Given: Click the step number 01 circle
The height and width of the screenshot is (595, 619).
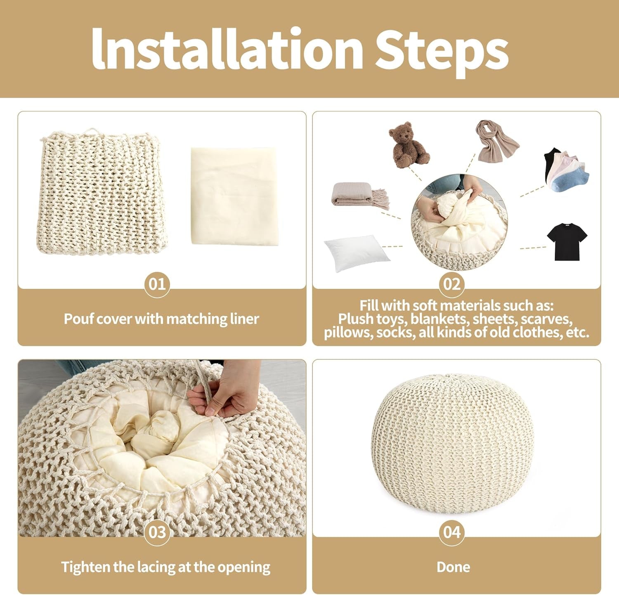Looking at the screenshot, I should point(157,284).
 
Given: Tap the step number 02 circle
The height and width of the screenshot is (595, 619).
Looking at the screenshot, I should point(452,284).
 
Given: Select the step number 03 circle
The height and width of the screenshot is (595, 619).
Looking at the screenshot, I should point(157,532).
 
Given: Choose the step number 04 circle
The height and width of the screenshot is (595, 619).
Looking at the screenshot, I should point(452,532).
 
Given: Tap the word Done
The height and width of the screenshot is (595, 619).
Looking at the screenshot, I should point(453,567).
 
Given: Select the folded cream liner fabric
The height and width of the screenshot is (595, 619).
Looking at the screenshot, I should point(234,196).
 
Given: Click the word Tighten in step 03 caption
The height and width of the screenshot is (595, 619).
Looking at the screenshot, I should point(86,567).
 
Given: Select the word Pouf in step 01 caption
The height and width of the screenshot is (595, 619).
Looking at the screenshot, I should point(78,319).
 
